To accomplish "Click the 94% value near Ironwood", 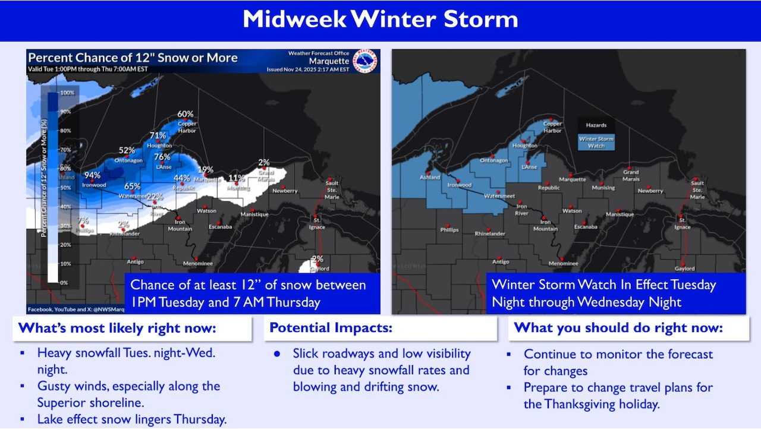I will tap(92, 176).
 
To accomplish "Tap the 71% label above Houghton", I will tap(158, 136).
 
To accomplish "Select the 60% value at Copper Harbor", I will tap(185, 114).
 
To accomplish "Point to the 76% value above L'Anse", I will tap(162, 157).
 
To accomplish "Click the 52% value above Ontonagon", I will tap(127, 151).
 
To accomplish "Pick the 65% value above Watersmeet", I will tap(133, 186).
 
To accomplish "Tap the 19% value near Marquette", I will tap(206, 170).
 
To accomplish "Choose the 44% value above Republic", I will tap(182, 178).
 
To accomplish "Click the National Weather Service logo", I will tap(366, 61).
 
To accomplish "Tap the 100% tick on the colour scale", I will tap(67, 93).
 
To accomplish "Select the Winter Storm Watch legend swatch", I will tap(596, 142).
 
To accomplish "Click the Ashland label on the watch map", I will tap(430, 178).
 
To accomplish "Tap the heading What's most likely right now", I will tap(117, 328).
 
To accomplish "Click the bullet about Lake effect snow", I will tap(132, 419).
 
